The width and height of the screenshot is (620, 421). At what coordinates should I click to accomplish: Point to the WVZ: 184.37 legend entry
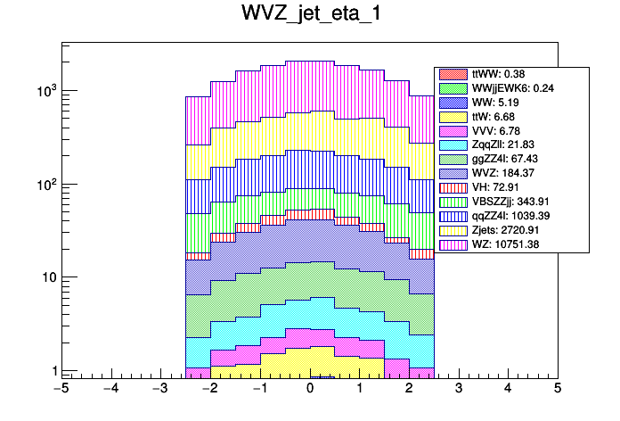(495, 174)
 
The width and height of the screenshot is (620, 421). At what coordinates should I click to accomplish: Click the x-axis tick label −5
(61, 389)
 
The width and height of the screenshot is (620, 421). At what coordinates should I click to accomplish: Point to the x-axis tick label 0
(310, 389)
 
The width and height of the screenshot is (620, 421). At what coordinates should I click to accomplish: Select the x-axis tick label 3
(459, 389)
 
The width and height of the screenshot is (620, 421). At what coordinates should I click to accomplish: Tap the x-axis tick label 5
(558, 389)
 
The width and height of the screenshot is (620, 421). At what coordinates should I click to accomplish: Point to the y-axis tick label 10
(47, 277)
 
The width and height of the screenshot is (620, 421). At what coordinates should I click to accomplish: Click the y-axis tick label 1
(52, 371)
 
